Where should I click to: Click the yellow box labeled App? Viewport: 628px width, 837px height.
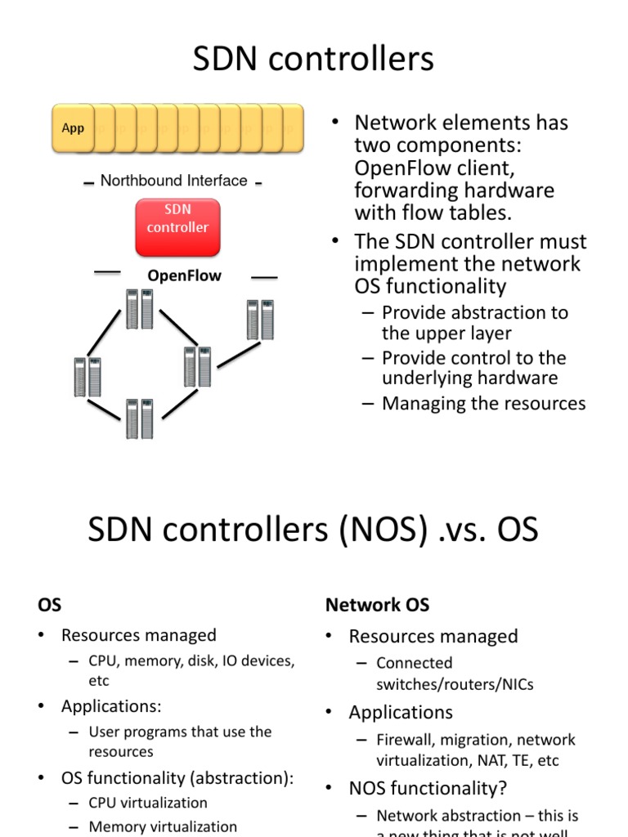pos(73,128)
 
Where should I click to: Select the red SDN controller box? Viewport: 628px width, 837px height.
pos(177,219)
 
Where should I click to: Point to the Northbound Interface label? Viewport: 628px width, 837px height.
pos(173,181)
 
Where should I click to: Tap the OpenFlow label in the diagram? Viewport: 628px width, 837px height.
pos(184,275)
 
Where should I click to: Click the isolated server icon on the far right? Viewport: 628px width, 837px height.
pos(263,320)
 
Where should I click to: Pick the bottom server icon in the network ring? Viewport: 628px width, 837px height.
pos(139,418)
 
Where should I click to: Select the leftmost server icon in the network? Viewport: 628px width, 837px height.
pos(87,377)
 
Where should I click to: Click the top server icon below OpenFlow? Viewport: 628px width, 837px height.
pos(139,309)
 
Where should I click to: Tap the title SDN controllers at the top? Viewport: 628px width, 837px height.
pos(313,60)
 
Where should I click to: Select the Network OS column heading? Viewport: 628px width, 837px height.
pos(377,605)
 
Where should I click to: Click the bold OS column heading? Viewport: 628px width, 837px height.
pos(49,605)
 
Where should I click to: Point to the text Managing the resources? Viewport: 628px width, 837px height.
pos(483,403)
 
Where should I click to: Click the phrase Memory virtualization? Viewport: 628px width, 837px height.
pos(163,826)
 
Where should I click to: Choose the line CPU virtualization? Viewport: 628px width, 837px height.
pos(148,803)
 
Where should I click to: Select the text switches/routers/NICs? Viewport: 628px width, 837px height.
pos(455,684)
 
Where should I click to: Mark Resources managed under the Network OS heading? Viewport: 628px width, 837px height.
pos(433,636)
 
